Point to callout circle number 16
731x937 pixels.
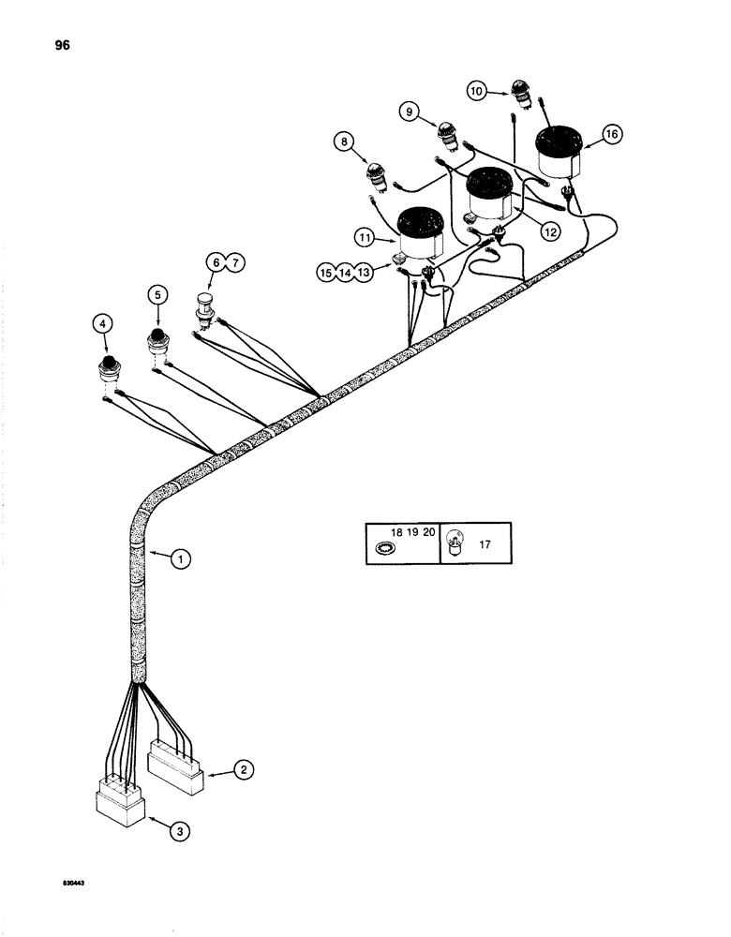[611, 135]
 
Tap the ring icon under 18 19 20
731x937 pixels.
[383, 549]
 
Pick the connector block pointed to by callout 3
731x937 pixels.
[120, 808]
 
